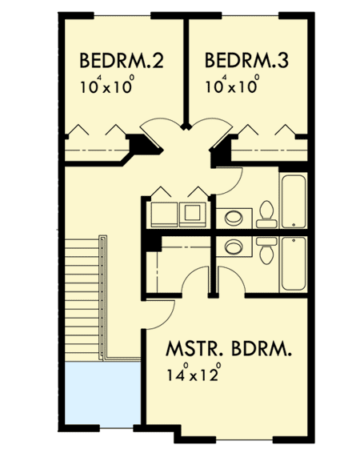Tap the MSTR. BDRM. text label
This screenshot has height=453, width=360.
click(x=228, y=351)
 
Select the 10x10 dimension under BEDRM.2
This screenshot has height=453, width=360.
click(x=106, y=85)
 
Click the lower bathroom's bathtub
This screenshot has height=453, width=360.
click(x=292, y=263)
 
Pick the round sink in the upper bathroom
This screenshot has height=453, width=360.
click(x=234, y=216)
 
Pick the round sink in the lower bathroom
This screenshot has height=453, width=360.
click(x=234, y=247)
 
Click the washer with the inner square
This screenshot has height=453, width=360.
click(x=192, y=213)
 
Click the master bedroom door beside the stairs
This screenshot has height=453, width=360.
click(x=163, y=314)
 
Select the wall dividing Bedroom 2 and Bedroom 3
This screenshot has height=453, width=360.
click(x=186, y=72)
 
